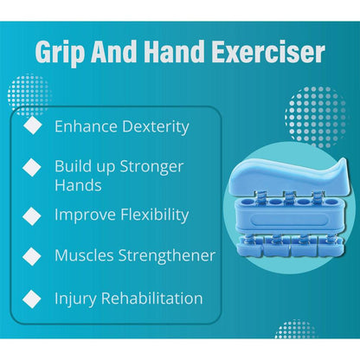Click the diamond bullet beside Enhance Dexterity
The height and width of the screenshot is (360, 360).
[x=32, y=126]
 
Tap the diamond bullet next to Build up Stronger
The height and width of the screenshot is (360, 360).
[x=32, y=165]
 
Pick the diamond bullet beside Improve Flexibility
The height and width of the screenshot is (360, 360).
[x=32, y=214]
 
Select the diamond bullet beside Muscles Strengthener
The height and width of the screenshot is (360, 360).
[x=32, y=255]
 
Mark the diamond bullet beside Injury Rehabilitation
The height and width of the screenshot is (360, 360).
[x=32, y=299]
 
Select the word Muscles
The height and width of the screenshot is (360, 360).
[x=84, y=255]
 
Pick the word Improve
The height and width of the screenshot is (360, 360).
[x=83, y=213]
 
